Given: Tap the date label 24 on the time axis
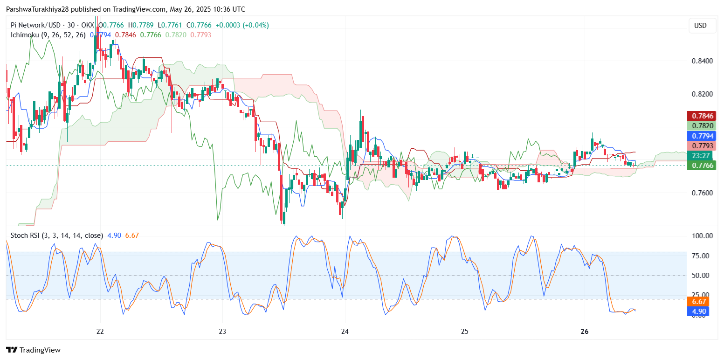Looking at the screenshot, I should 345,332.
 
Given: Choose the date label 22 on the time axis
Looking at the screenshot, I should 100,332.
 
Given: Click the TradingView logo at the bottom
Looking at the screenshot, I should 33,350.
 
